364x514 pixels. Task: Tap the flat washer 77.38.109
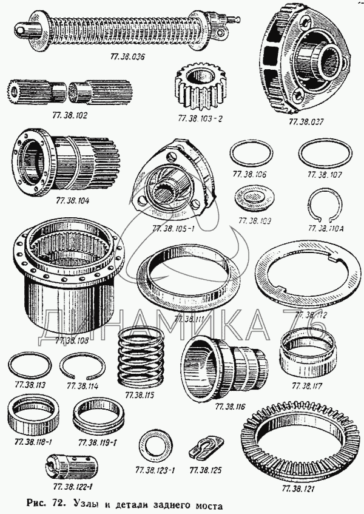tap(253, 198)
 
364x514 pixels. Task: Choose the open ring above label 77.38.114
tap(81, 368)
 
